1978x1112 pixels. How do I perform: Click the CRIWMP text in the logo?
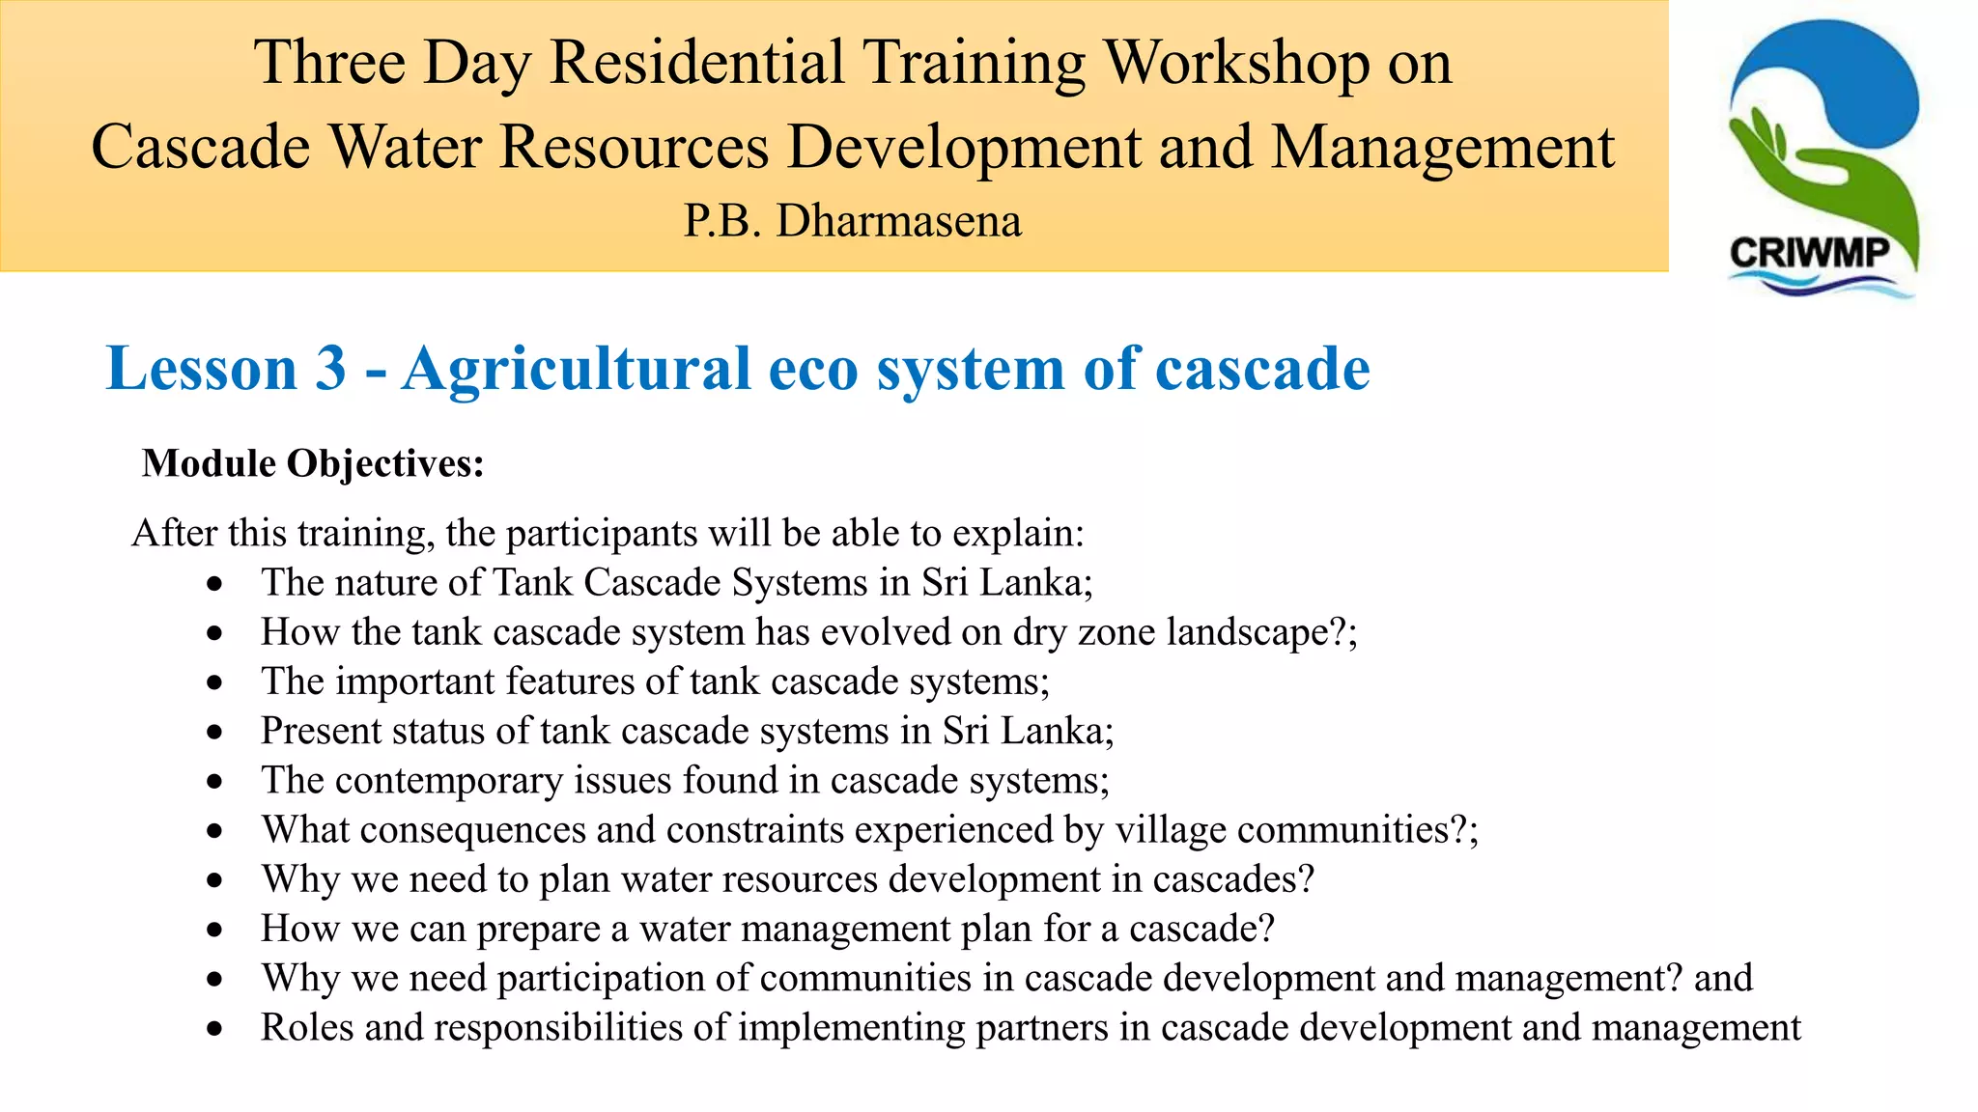pyautogui.click(x=1809, y=254)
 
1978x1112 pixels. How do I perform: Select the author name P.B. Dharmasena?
pyautogui.click(x=852, y=221)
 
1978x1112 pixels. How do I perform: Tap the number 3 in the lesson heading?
pyautogui.click(x=330, y=369)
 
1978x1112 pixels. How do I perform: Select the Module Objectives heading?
pyautogui.click(x=313, y=464)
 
